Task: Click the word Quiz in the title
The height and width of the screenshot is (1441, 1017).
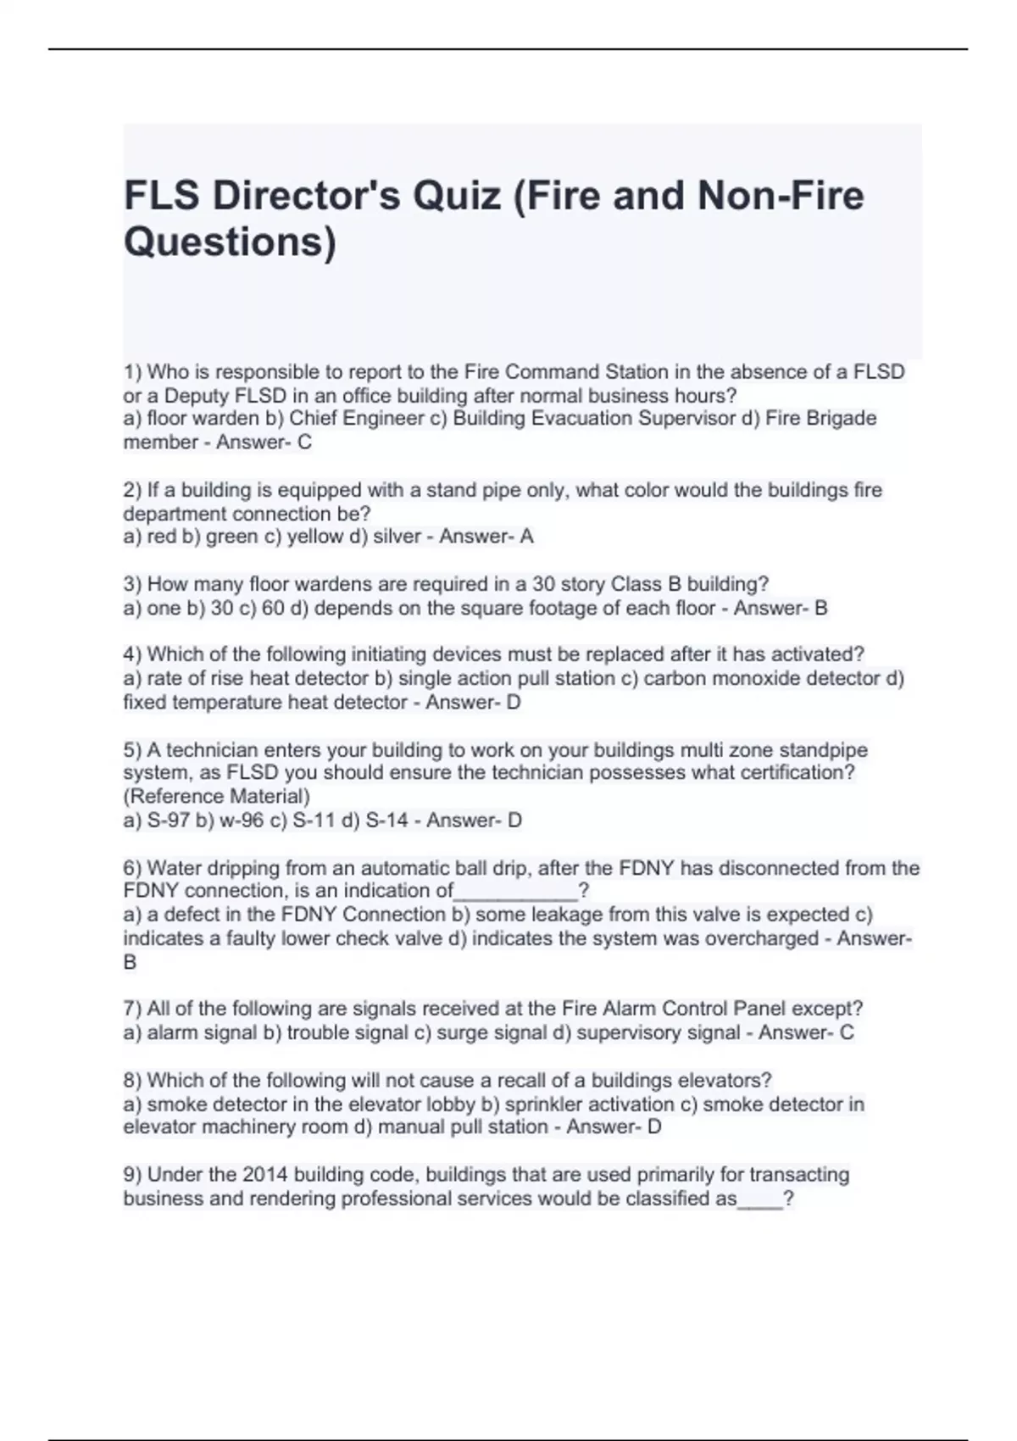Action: point(458,197)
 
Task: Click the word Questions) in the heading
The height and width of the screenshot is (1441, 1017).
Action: point(230,243)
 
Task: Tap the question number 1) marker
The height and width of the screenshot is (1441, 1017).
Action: point(132,372)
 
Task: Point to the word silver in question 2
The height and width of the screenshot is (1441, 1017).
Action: point(394,537)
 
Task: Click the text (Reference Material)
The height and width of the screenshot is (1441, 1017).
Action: point(217,797)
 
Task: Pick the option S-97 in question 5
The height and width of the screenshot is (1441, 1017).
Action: point(168,821)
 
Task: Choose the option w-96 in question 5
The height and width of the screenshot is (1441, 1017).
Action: point(238,821)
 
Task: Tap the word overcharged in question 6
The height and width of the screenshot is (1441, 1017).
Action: point(757,939)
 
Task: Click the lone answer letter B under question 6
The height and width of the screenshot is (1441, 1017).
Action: point(131,963)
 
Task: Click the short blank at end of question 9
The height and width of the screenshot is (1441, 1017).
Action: point(760,1199)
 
